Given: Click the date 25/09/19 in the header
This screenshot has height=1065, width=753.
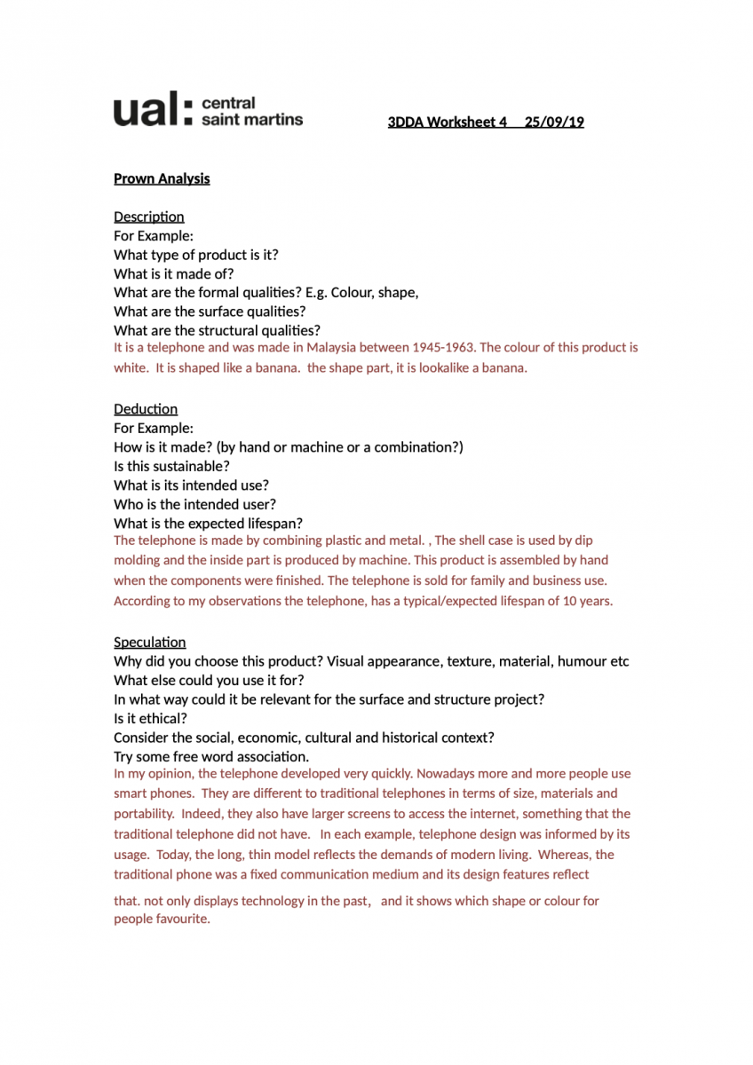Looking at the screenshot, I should (x=554, y=122).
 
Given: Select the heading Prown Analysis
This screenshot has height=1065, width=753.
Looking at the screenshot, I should (x=162, y=178).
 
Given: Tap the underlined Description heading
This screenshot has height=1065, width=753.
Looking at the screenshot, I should (x=149, y=217).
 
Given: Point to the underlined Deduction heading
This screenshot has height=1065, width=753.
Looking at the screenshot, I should (x=146, y=409).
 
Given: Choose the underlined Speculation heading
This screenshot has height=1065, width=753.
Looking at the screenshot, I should (x=150, y=643).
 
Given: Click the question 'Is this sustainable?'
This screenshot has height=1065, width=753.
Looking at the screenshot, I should (x=171, y=466).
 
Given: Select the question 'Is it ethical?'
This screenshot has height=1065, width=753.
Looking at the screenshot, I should (x=151, y=719).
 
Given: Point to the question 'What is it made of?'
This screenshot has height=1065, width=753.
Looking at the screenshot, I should (x=174, y=274).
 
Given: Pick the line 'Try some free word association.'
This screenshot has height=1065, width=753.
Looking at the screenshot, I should (x=211, y=757).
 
